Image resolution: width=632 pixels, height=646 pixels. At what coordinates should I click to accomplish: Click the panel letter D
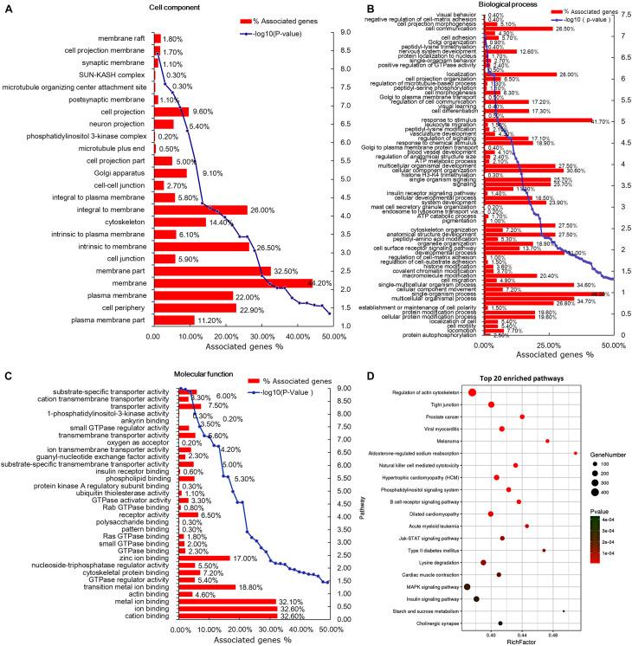click(346, 378)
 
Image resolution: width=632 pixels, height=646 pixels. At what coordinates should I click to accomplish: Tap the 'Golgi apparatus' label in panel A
click(100, 173)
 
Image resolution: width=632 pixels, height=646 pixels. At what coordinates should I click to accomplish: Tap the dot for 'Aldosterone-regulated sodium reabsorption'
click(575, 453)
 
